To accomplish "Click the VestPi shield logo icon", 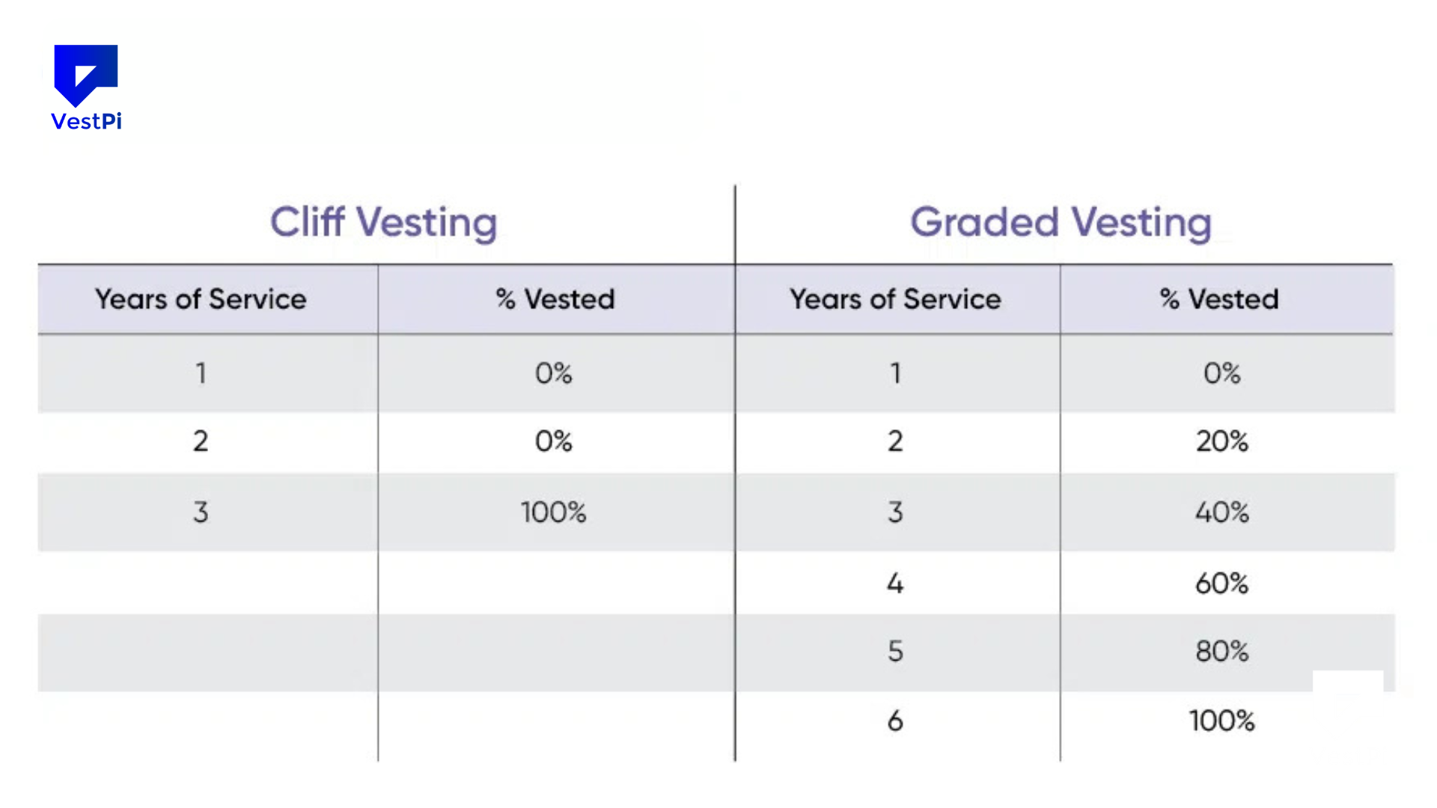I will click(85, 74).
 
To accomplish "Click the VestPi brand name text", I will click(86, 121).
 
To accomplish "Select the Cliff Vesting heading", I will click(383, 222).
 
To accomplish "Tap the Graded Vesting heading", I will click(1061, 222).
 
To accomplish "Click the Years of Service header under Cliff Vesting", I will click(201, 299).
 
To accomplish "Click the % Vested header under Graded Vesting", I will click(1219, 299).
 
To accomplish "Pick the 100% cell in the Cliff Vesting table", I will click(553, 512).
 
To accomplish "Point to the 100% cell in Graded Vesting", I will click(1221, 721).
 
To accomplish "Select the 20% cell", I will click(1221, 441).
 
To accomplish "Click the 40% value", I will click(1221, 512).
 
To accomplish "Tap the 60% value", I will click(1221, 584).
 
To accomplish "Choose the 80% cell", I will click(1221, 652).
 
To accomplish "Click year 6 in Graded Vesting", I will click(895, 721).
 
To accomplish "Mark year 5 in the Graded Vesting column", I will click(895, 652).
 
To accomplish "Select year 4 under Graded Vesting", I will click(895, 584).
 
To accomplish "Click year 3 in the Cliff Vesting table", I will click(201, 512).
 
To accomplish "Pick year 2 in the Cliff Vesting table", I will click(201, 441).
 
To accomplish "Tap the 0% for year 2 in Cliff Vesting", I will click(553, 441).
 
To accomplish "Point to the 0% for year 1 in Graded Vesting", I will click(1221, 373).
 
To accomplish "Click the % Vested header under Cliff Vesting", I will click(555, 299).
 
